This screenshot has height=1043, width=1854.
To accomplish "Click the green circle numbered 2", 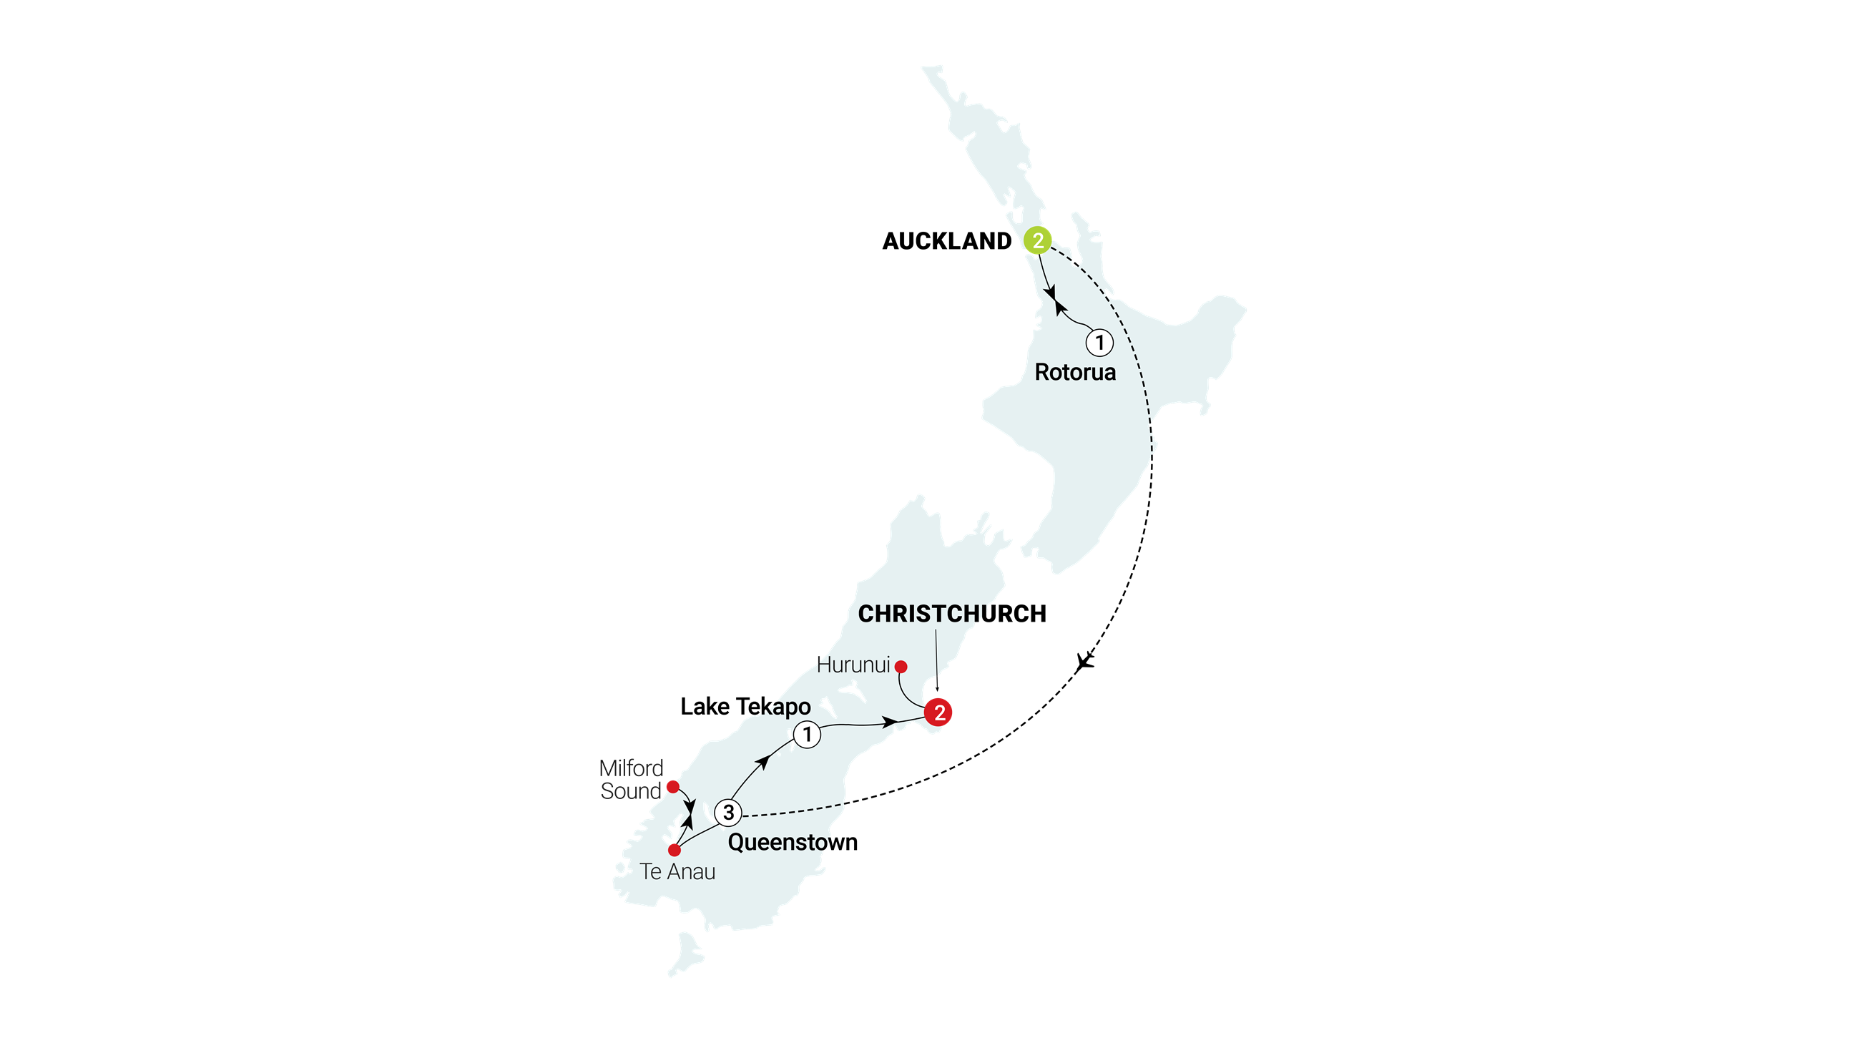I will [x=1037, y=240].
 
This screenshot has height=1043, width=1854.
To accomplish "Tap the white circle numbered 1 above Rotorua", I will [x=1099, y=343].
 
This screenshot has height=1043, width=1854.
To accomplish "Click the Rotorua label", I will [x=1074, y=372].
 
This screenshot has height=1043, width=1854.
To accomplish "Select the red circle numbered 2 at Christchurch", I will [x=938, y=713].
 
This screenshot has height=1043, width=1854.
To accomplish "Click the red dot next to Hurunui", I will [x=901, y=667].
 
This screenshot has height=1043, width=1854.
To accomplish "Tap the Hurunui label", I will [x=853, y=665].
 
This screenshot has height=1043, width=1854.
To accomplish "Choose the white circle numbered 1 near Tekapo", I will [x=807, y=735].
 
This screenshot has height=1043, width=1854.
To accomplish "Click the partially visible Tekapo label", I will [x=785, y=707].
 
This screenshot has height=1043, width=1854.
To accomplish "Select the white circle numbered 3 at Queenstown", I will [x=728, y=813].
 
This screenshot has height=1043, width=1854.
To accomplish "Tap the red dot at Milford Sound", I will [x=672, y=786].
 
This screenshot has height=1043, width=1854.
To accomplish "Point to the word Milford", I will [x=631, y=768].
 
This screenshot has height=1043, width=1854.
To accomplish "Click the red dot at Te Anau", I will [x=675, y=850].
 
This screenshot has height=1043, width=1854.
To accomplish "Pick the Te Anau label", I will [x=677, y=872].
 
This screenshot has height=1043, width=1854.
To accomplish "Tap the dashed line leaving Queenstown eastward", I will [x=792, y=811].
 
